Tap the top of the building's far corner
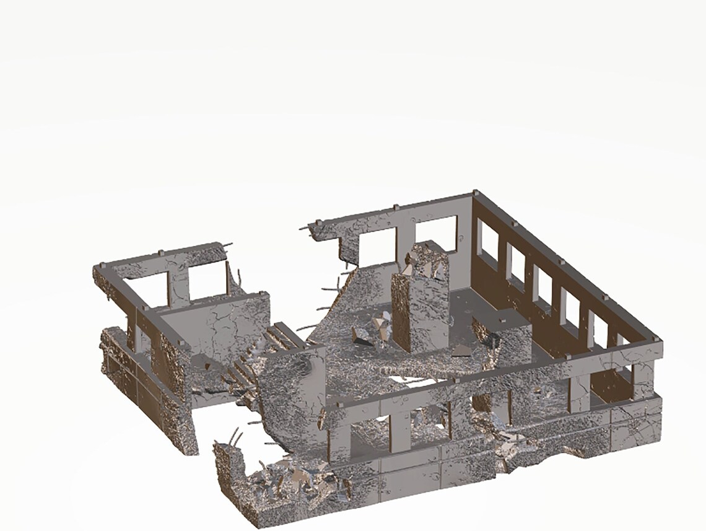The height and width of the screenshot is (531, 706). [x=475, y=195]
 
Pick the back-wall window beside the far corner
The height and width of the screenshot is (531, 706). [x=436, y=233]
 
